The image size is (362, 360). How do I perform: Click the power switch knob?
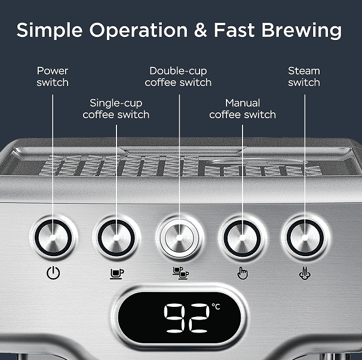tap(53, 237)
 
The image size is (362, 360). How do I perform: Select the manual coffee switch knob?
tap(242, 237)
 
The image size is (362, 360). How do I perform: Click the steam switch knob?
tap(304, 237)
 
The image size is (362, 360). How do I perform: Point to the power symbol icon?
tap(53, 273)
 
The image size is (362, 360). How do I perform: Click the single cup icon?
tap(117, 273)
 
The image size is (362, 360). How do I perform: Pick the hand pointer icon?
tap(243, 273)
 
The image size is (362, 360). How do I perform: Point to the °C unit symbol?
tap(216, 307)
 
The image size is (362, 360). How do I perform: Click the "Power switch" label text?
tap(53, 76)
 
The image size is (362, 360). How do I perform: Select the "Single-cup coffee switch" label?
tap(116, 109)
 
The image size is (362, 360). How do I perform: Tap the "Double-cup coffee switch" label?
tap(178, 76)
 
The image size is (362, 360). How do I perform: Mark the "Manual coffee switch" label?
tap(242, 109)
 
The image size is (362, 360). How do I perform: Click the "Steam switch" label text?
tap(304, 76)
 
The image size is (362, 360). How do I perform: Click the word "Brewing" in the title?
tap(302, 31)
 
